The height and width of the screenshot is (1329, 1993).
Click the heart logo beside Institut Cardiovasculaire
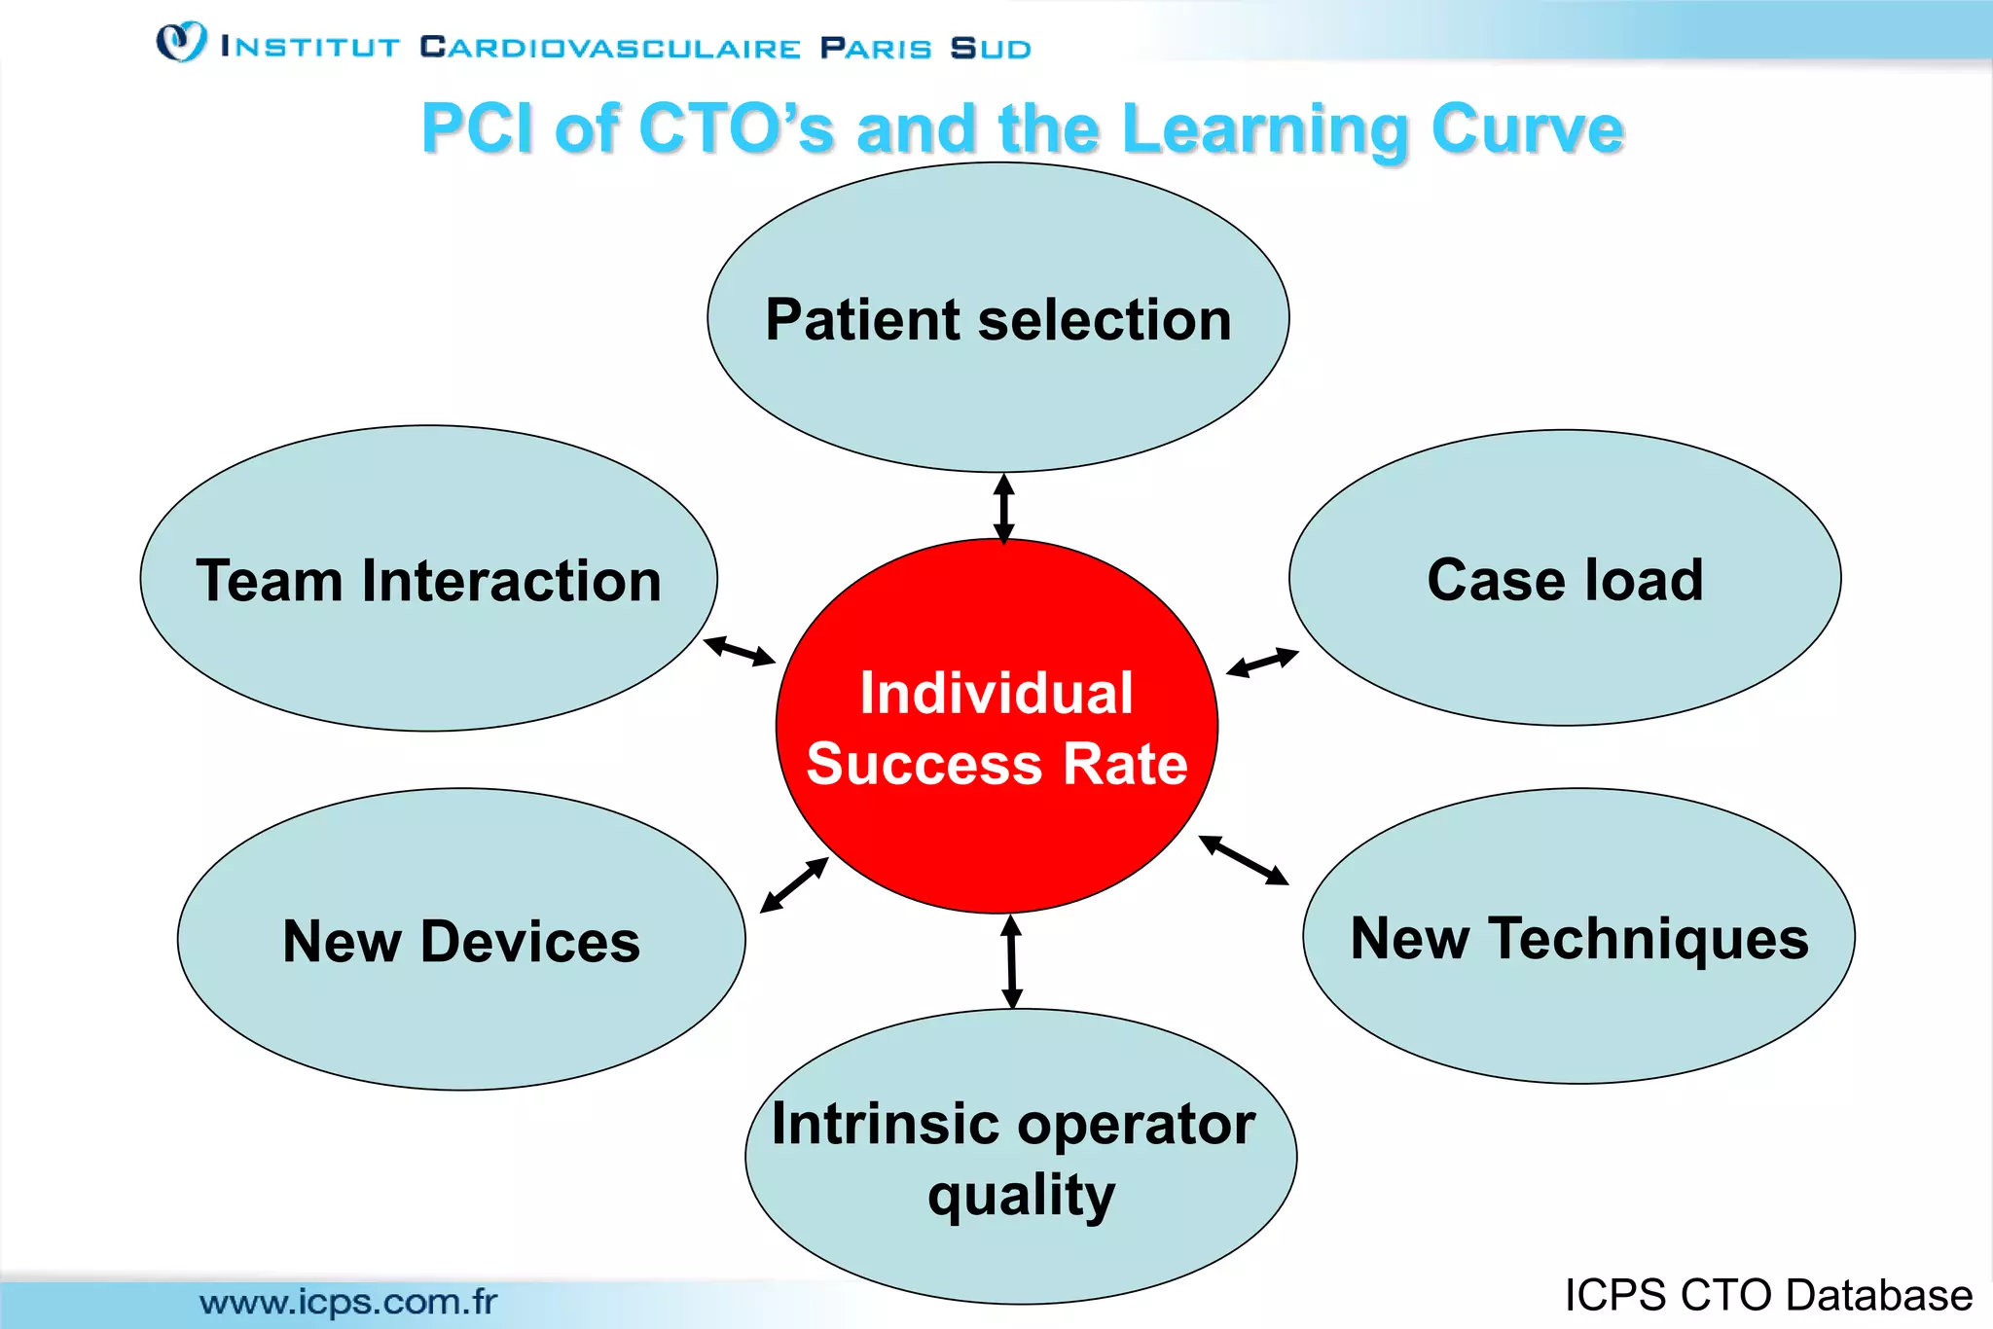click(x=181, y=42)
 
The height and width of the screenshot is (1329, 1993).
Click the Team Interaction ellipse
click(x=428, y=662)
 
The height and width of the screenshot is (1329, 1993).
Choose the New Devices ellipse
click(x=461, y=1022)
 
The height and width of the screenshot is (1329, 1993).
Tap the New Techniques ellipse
click(x=1578, y=1022)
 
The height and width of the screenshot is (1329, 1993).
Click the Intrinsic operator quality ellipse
click(x=1021, y=1255)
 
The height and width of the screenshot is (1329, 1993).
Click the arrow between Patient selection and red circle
click(x=1004, y=508)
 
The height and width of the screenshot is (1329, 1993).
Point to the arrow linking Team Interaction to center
click(x=740, y=651)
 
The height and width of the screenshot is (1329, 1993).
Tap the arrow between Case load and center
click(x=1262, y=662)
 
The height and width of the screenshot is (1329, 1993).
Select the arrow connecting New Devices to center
click(x=794, y=884)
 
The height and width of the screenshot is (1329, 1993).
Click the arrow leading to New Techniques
click(x=1244, y=860)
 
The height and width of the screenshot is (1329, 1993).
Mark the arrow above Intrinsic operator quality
click(x=1011, y=962)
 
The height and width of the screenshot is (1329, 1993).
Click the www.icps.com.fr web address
click(x=348, y=1301)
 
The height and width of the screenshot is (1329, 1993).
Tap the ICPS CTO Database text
click(x=1768, y=1295)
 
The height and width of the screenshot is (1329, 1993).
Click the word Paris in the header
click(x=876, y=48)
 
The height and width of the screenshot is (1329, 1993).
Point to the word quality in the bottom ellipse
click(x=1021, y=1196)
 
